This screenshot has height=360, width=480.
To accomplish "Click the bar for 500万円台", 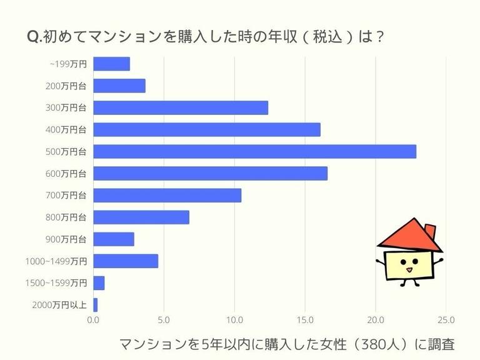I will [x=254, y=151].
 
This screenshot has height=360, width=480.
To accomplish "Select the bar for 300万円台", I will [x=181, y=107].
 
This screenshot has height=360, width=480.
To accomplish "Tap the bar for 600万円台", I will [x=210, y=173].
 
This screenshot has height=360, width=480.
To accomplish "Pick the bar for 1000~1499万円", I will [x=126, y=261].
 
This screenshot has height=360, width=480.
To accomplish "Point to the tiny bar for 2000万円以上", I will [x=96, y=304].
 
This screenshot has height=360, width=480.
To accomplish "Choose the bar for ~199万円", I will [x=111, y=64].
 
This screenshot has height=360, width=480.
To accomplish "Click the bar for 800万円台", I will [x=141, y=217].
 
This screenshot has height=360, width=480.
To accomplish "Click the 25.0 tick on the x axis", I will [x=446, y=320].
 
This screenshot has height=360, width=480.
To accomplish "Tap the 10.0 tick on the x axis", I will [x=234, y=320].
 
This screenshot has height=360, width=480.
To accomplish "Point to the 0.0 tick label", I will [x=93, y=320].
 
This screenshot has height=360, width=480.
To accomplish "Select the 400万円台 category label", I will [x=66, y=129].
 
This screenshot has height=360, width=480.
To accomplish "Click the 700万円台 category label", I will [x=66, y=195].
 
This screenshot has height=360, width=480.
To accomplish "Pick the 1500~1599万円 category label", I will [x=56, y=282].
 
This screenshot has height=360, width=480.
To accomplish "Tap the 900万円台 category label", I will [x=66, y=239].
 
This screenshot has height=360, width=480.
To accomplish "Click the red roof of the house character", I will [x=406, y=236].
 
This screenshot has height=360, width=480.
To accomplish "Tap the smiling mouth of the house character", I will [x=409, y=270].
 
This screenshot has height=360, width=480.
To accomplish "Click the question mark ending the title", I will [x=378, y=37].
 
